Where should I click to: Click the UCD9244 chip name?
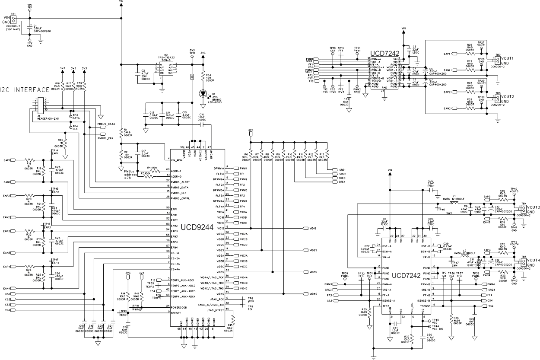tap(197, 227)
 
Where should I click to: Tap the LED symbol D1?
tap(203, 93)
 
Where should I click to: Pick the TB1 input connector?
tap(14, 19)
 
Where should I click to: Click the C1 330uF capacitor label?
tap(39, 28)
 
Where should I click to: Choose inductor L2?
tap(465, 257)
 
